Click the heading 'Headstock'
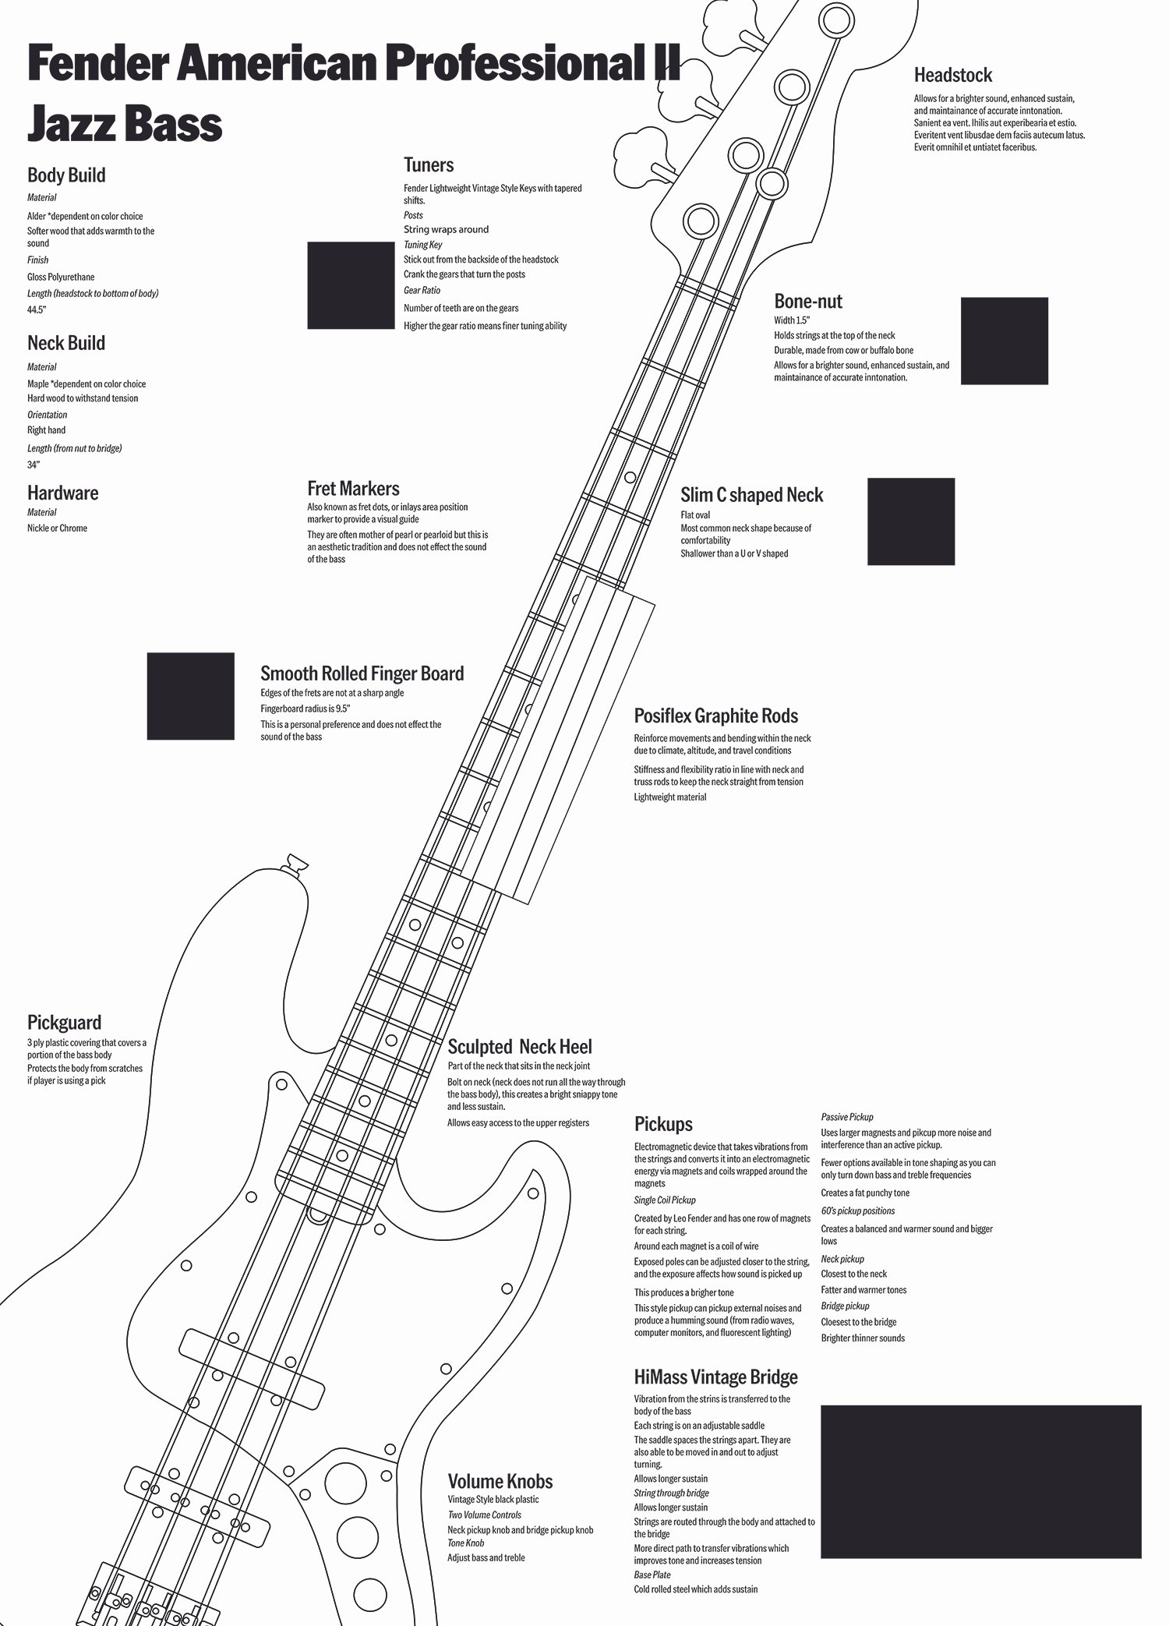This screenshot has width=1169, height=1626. tap(952, 76)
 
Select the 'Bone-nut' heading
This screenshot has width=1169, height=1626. tap(807, 302)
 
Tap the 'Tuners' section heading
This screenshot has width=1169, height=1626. tap(429, 165)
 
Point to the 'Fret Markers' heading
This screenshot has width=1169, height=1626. tap(353, 489)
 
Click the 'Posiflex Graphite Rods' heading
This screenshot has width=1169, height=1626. tap(715, 716)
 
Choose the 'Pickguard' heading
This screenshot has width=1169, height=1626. tap(64, 1022)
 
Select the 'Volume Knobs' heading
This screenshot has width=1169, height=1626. tap(500, 1481)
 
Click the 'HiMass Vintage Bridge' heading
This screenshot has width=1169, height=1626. tap(715, 1377)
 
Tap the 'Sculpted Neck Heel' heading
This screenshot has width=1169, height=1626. tap(519, 1047)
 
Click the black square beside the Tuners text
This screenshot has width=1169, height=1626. tap(351, 285)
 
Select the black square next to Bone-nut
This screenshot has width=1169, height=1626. tap(1004, 341)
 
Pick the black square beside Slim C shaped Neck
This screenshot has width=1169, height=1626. tap(910, 521)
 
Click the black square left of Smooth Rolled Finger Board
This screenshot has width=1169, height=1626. tap(190, 696)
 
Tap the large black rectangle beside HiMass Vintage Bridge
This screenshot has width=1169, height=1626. tap(980, 1481)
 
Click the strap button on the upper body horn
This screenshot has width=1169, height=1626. tap(296, 864)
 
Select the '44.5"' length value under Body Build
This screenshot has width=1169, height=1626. tap(37, 310)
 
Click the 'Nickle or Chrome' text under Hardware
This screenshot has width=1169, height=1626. tap(57, 528)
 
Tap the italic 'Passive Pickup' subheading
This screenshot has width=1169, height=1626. tap(846, 1117)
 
